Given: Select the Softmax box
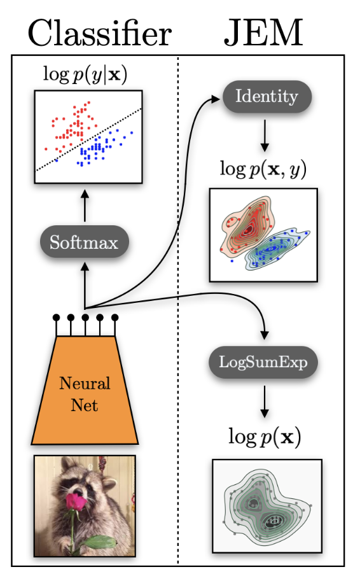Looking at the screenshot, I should [84, 242].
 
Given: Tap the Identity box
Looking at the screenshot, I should [267, 97].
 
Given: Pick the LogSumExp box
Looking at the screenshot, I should [263, 362].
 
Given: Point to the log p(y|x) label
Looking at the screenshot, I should [84, 74].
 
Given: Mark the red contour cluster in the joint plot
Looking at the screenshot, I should [245, 226].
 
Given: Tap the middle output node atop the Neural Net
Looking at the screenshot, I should [85, 317].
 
